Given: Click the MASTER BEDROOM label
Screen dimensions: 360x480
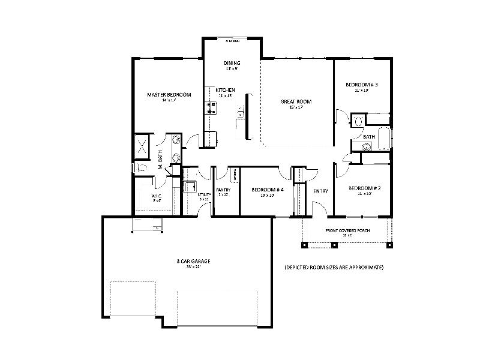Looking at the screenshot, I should click(169, 95).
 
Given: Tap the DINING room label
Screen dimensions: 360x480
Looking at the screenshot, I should click(232, 63).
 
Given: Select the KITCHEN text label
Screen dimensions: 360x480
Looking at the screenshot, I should click(226, 90).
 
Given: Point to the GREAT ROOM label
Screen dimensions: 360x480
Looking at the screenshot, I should click(296, 101).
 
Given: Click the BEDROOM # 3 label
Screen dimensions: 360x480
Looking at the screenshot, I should click(361, 85).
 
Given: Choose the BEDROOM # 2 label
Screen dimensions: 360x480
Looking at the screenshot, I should click(361, 188).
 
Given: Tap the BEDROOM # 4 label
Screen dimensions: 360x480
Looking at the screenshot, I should click(263, 189).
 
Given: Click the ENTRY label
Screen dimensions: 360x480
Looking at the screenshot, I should click(320, 191).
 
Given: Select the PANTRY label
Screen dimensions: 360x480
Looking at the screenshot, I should click(223, 190).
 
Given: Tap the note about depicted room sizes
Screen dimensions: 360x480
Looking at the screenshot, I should click(334, 267).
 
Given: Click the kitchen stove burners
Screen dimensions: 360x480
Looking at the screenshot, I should click(211, 108).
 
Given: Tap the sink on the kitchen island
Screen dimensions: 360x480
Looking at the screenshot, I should click(241, 112).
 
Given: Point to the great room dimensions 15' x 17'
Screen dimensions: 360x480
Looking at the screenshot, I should click(296, 108).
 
